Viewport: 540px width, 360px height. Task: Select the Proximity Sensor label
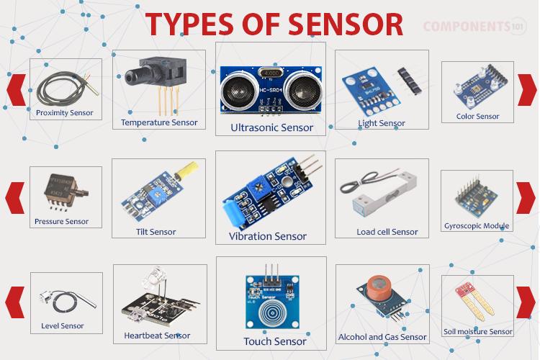[x=65, y=112]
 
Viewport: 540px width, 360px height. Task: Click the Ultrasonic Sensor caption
[x=271, y=127]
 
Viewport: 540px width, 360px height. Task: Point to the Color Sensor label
[x=477, y=116]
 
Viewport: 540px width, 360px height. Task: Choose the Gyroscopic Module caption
[x=477, y=225]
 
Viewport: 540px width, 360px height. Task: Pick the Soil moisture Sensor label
[x=477, y=332]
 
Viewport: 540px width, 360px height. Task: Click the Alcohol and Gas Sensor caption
[x=382, y=336]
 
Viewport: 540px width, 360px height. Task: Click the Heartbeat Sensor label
[x=157, y=336]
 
